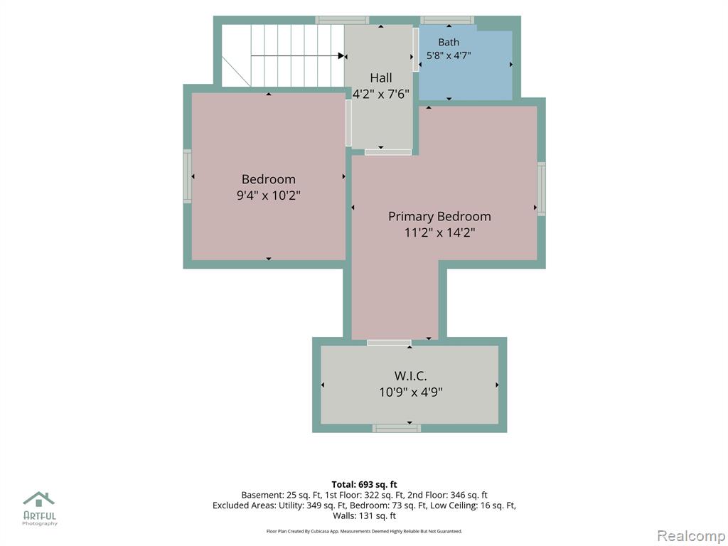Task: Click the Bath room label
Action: tap(449, 42)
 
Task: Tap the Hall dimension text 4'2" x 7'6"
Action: tap(381, 95)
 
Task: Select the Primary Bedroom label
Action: tap(439, 216)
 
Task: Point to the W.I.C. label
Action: tap(410, 375)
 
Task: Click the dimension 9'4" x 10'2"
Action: tap(268, 195)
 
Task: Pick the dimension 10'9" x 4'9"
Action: tap(410, 392)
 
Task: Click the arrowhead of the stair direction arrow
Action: tap(341, 56)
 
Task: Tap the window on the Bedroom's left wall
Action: tap(188, 176)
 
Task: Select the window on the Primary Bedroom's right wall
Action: tap(541, 189)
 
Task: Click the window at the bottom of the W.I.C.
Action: tap(397, 428)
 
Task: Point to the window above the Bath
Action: tap(447, 20)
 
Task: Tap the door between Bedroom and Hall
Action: tap(348, 123)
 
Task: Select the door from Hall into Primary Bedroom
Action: tap(388, 152)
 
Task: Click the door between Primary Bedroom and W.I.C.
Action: tap(389, 343)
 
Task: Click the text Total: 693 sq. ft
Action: tap(364, 485)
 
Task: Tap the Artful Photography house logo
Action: tap(39, 499)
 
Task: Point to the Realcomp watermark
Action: tap(691, 536)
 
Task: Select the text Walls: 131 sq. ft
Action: tap(364, 516)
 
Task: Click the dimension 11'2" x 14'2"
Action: tap(439, 232)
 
